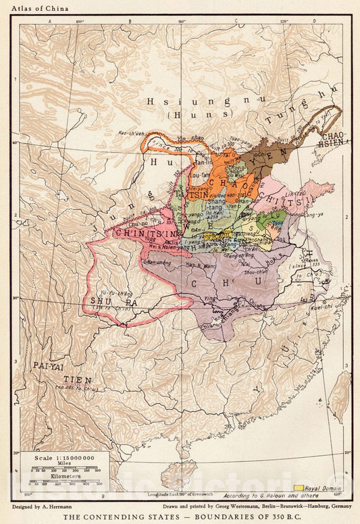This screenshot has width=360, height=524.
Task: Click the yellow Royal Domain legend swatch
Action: point(297,488)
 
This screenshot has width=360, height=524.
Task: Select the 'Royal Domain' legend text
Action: point(322,488)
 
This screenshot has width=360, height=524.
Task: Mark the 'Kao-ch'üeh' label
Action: point(132,132)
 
